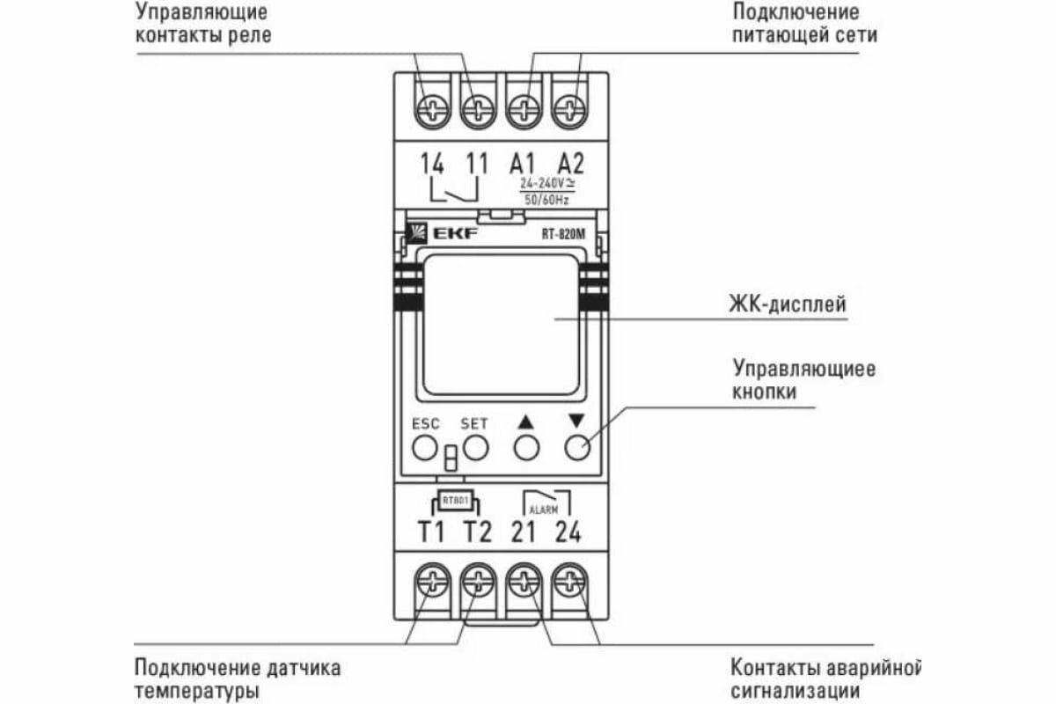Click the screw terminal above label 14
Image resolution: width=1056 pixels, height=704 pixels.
pyautogui.click(x=432, y=111)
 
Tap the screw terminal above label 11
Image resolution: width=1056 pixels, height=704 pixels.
pyautogui.click(x=478, y=111)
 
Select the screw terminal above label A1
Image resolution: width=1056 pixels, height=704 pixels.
pyautogui.click(x=524, y=111)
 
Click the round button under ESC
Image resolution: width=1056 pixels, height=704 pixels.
pyautogui.click(x=425, y=449)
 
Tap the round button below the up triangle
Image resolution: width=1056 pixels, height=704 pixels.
pyautogui.click(x=526, y=449)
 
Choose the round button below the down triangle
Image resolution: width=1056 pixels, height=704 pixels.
pyautogui.click(x=576, y=449)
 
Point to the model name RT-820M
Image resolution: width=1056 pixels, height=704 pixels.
pyautogui.click(x=563, y=234)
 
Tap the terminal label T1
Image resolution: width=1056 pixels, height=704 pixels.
pyautogui.click(x=431, y=532)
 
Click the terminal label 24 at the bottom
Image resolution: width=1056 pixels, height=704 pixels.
pyautogui.click(x=569, y=532)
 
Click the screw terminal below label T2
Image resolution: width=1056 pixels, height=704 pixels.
pyautogui.click(x=478, y=581)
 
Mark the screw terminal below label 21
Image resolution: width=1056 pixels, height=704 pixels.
pyautogui.click(x=524, y=581)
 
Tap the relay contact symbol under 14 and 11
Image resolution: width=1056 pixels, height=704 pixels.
pyautogui.click(x=454, y=187)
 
